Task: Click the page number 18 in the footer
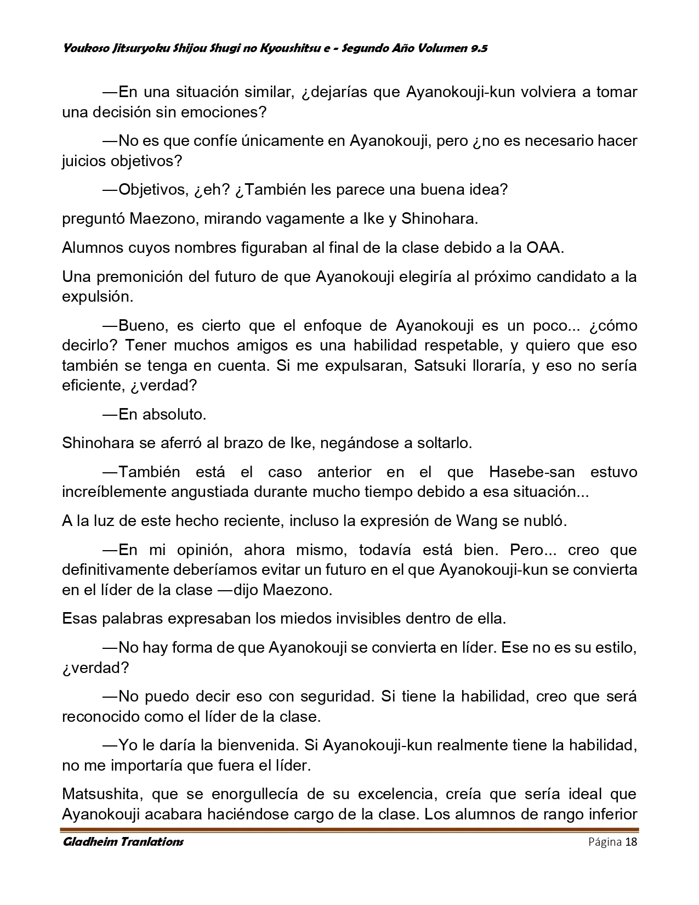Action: coord(630,842)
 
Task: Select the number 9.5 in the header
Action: coord(479,49)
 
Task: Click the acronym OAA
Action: coord(544,247)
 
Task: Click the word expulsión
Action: coord(97,297)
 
